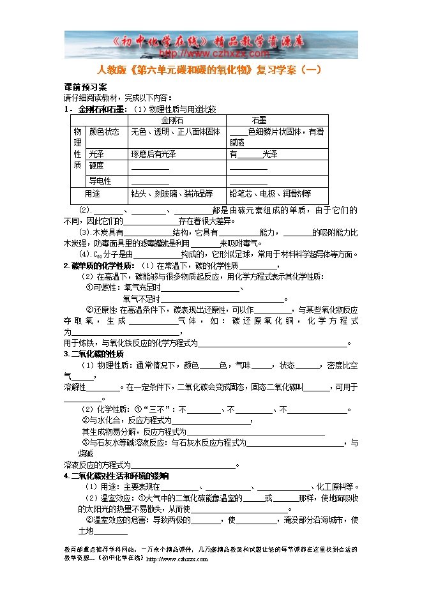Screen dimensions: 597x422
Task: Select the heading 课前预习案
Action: coord(85,87)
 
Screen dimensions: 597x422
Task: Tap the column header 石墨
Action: coord(259,120)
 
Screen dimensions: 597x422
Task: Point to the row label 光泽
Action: coord(96,154)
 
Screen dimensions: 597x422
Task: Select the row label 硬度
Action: coord(96,167)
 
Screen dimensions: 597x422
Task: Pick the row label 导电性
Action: coord(100,181)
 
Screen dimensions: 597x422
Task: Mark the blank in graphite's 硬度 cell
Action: coord(248,168)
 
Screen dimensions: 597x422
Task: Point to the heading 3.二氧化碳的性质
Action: coord(94,354)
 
